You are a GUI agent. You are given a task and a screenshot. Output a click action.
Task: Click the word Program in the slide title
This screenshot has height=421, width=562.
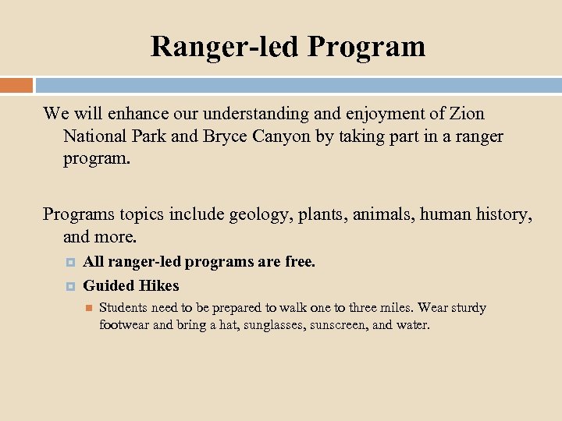pos(366,46)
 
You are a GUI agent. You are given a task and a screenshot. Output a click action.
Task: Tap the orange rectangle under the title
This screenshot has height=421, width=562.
pos(16,85)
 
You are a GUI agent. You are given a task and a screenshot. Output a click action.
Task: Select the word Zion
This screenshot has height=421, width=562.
pos(467,114)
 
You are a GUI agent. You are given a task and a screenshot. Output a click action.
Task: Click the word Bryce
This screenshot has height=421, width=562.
pos(227,136)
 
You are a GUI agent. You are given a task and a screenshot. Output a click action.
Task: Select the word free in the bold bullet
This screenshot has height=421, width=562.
pos(300,262)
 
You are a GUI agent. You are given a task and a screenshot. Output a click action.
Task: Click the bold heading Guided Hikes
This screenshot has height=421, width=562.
pos(131,285)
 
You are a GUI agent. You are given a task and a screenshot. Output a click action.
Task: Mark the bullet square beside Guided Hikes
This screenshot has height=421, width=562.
pos(69,286)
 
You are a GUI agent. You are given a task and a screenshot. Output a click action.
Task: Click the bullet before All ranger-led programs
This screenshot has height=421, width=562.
pos(69,263)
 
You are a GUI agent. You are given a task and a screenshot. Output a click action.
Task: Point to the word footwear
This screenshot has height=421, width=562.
pos(124,324)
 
